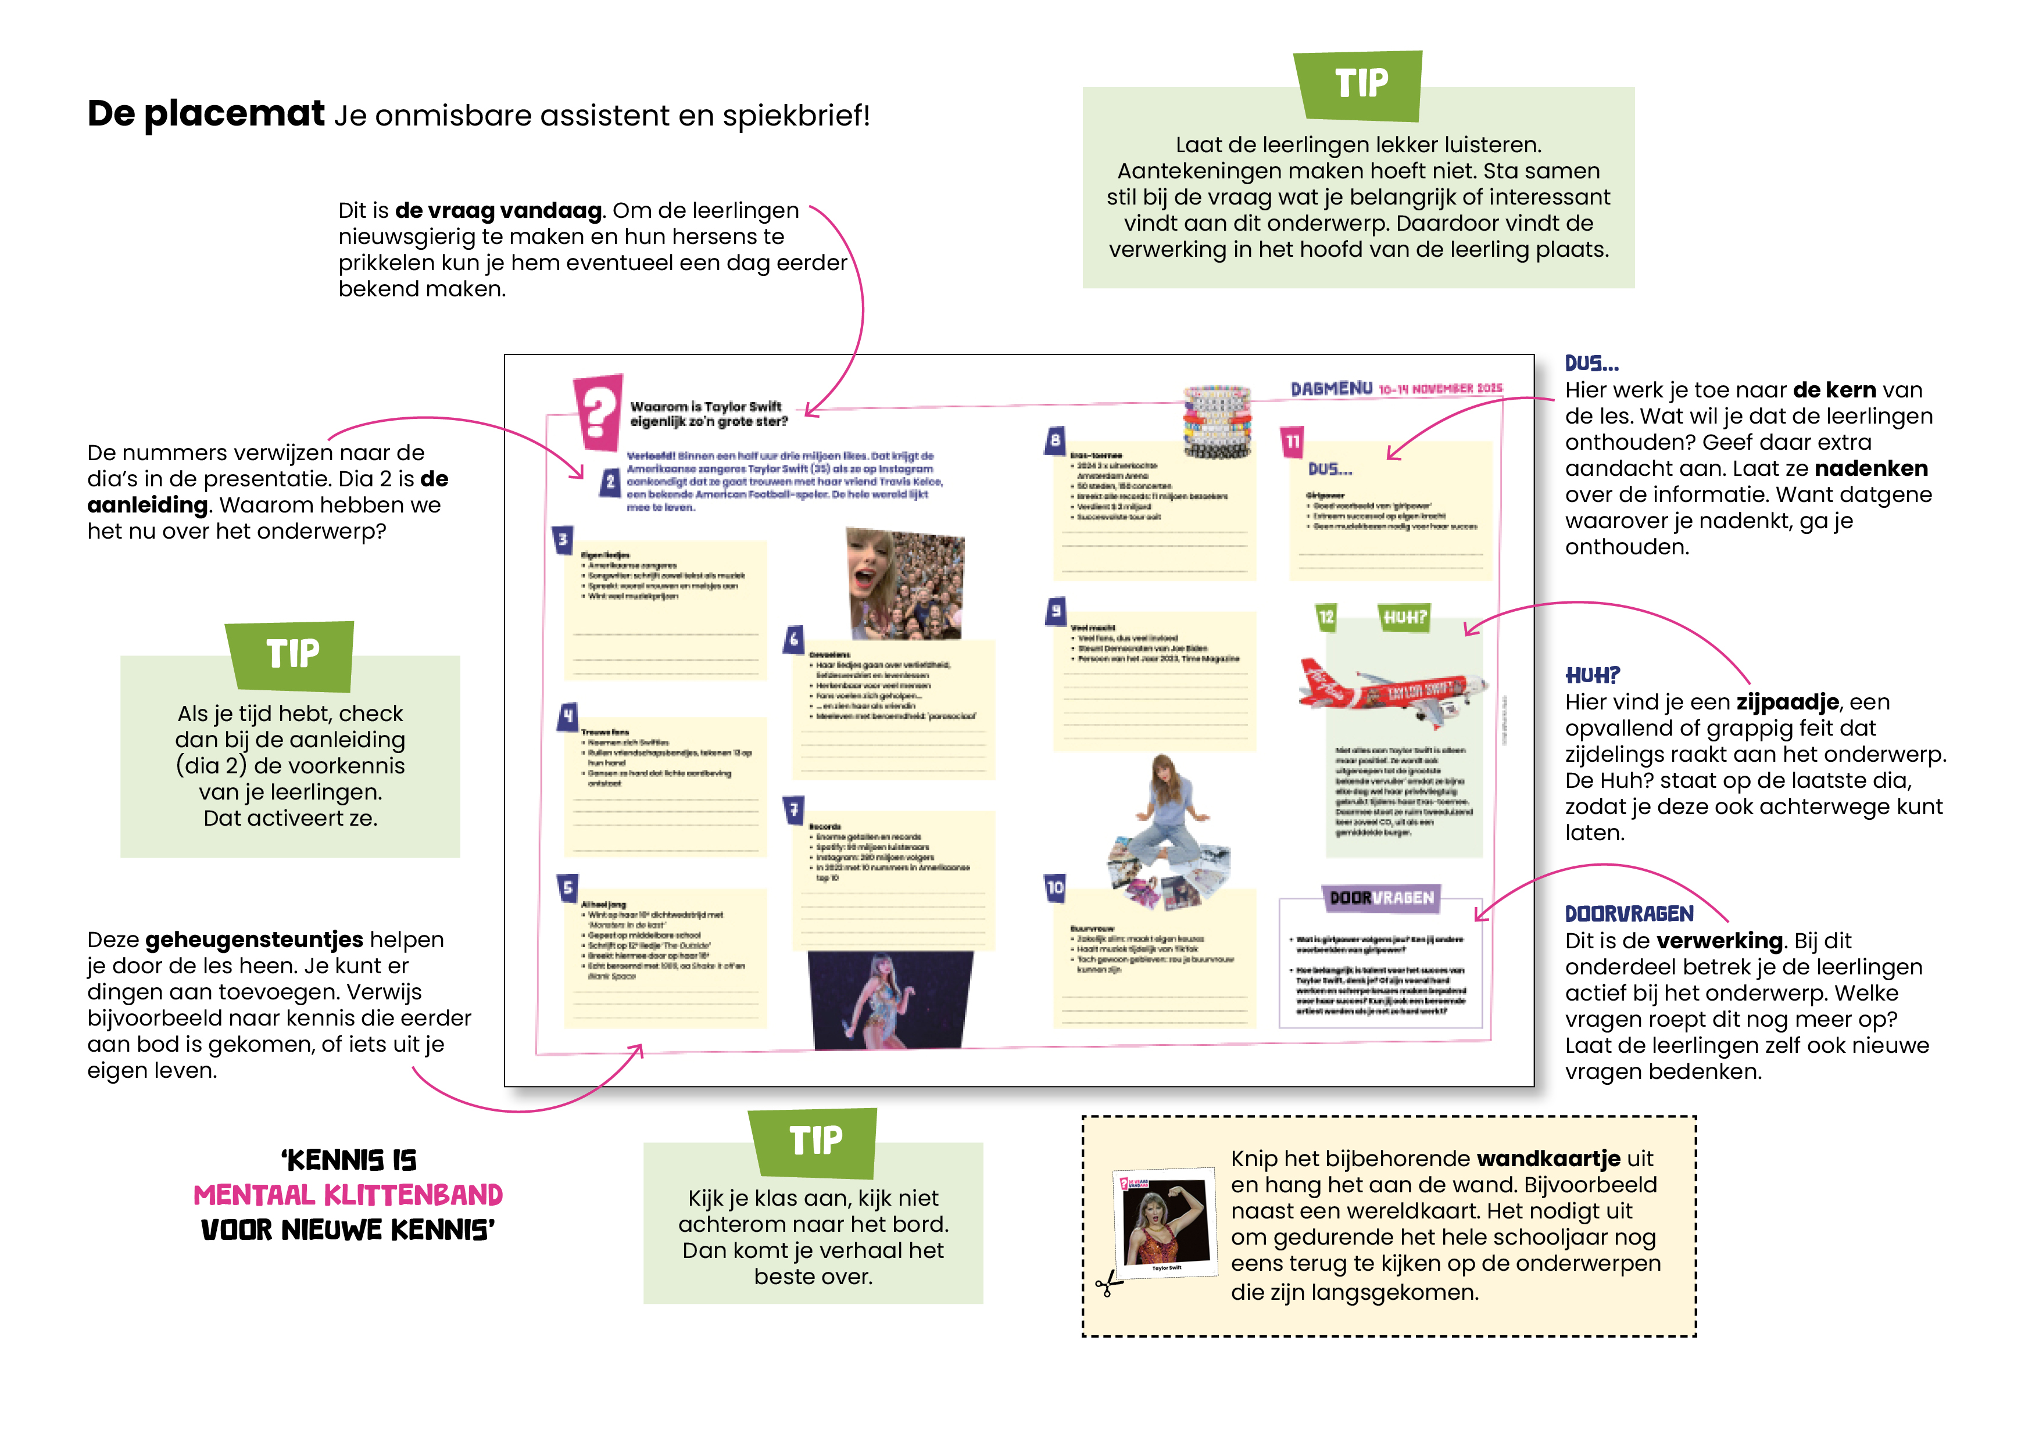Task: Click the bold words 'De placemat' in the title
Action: (206, 114)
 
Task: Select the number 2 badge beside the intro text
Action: (609, 482)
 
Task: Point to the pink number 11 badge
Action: (1292, 441)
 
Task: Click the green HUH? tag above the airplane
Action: (1404, 617)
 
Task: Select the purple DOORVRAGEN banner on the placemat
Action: (1381, 898)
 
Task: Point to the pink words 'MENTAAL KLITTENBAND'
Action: (348, 1195)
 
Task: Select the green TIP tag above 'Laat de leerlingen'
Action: (1360, 84)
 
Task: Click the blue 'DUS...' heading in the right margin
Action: (1591, 363)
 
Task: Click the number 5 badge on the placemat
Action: (567, 887)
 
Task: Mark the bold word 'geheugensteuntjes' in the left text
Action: (254, 940)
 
